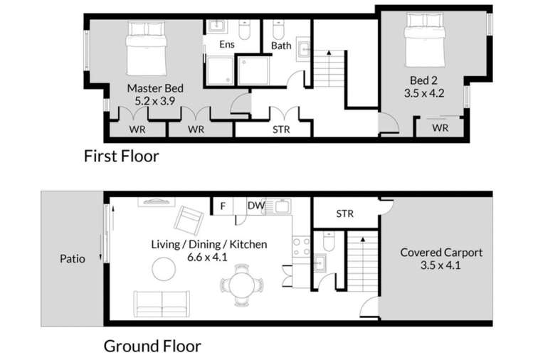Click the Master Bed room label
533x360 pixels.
pos(155,88)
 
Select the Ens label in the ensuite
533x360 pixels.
pos(226,45)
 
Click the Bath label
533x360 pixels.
pos(281,46)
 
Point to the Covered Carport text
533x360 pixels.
pos(441,253)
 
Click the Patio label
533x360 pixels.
pos(71,259)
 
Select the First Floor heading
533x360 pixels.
pos(122,156)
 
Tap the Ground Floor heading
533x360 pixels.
pos(152,346)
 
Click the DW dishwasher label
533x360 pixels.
pos(256,206)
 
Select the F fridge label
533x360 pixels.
pos(223,206)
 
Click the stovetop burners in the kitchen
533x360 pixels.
pos(301,245)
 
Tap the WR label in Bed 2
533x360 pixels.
pos(440,129)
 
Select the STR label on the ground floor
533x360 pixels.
pos(344,213)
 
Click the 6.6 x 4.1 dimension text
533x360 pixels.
pos(209,258)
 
